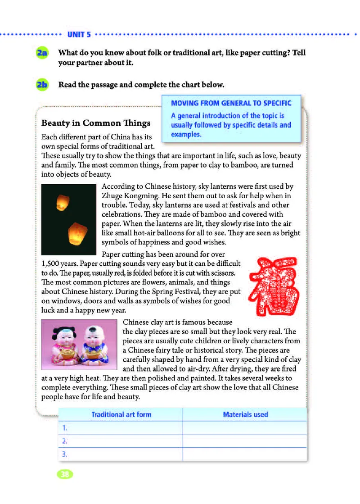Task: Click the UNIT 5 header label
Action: (x=79, y=34)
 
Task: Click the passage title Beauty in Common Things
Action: (x=96, y=123)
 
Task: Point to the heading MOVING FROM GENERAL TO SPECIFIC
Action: (x=231, y=103)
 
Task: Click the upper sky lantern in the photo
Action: (x=60, y=202)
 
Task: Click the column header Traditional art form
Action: (x=121, y=414)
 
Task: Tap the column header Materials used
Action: (x=245, y=414)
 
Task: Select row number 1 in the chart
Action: (x=65, y=428)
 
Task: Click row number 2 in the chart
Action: (x=65, y=441)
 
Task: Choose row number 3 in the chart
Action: (x=65, y=454)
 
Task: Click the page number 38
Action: (x=65, y=474)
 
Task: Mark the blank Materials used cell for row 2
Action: (x=245, y=441)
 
